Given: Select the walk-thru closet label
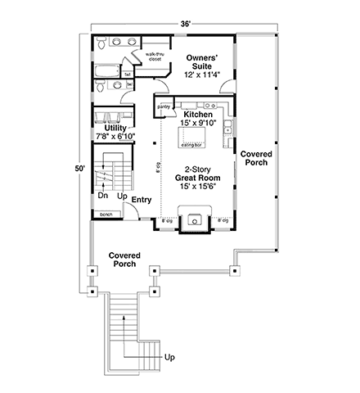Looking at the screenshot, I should [155, 57].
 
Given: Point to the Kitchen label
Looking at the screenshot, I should [198, 114].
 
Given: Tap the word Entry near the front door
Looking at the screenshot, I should [141, 198].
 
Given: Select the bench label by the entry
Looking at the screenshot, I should [106, 215].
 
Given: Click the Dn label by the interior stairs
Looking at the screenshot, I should [103, 197].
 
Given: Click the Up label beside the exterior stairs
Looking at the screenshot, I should [169, 358].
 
